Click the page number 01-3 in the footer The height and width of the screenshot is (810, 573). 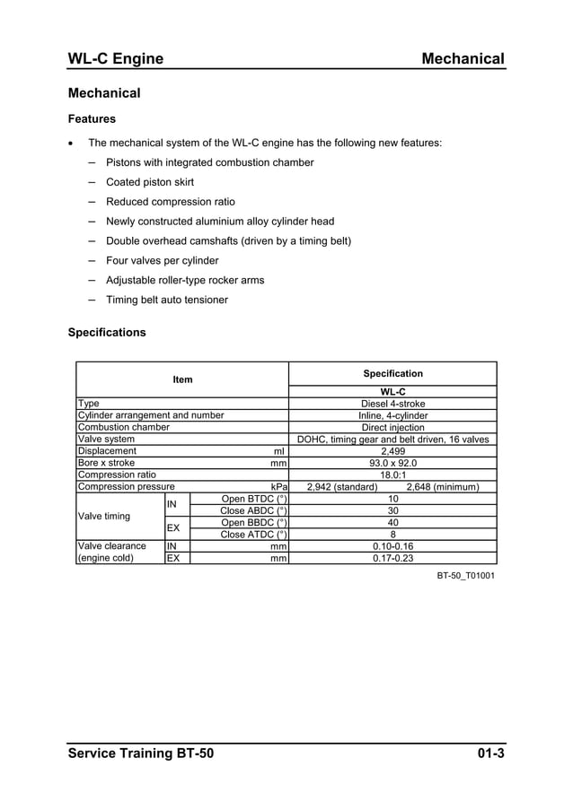coord(490,753)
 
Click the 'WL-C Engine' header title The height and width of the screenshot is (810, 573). coord(116,59)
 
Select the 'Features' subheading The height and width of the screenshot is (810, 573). coord(92,118)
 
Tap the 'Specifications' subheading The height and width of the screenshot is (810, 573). coord(107,332)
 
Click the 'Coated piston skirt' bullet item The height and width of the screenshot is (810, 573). coord(150,182)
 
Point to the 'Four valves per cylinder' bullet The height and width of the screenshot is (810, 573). coord(163,261)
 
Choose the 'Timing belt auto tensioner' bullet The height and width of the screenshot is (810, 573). coord(167,300)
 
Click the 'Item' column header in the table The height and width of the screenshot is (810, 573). coord(182,379)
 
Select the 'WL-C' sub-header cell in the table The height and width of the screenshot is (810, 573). coord(392,392)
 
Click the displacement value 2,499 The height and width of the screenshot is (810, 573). coord(392,451)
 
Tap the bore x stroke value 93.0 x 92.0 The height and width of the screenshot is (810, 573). coord(392,464)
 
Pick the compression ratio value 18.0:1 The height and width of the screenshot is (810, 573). coord(392,475)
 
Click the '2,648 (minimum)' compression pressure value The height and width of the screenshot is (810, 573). coord(443,487)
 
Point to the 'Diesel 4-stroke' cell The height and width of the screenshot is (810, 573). coord(392,404)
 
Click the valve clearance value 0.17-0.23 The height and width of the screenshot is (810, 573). coord(392,558)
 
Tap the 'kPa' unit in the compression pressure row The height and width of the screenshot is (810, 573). coord(278,487)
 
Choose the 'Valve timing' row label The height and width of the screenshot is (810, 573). coord(104,517)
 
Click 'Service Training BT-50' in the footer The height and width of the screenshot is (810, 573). coord(141,753)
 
